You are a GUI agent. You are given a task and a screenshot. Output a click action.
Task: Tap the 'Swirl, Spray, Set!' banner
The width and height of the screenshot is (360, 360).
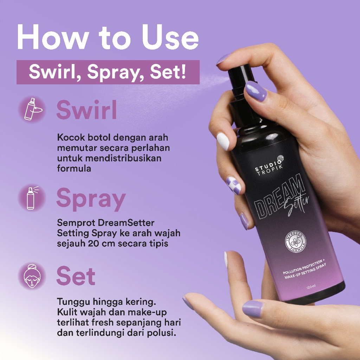[108, 72]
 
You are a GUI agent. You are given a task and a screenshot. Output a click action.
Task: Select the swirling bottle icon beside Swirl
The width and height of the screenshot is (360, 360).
[32, 109]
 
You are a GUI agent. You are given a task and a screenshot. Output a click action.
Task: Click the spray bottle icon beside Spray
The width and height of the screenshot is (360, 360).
[32, 198]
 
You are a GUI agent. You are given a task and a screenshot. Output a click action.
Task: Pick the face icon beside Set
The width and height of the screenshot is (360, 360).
[32, 276]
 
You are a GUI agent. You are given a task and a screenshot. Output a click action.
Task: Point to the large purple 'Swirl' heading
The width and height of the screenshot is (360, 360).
[86, 110]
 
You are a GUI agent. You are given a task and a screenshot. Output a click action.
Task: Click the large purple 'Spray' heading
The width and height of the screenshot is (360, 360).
[91, 199]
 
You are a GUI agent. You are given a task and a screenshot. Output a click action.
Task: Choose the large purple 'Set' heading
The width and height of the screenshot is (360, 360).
[76, 276]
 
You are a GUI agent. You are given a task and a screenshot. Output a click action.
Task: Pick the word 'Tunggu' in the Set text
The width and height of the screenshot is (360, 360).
[72, 302]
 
